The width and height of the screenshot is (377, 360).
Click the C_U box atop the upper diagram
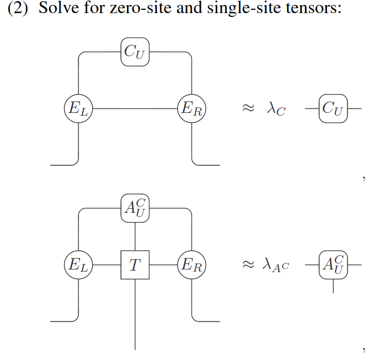(135, 53)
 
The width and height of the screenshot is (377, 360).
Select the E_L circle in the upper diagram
(80, 109)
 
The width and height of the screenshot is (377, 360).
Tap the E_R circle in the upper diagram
(192, 109)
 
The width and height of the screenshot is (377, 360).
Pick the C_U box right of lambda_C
(333, 109)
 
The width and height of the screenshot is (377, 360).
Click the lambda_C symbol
(276, 109)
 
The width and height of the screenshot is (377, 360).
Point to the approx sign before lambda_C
(248, 109)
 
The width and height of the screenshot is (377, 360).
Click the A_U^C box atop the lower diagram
(135, 208)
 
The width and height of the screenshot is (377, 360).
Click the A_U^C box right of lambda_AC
(333, 265)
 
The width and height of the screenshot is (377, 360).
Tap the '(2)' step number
(19, 10)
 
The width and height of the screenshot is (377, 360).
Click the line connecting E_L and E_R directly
(136, 109)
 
